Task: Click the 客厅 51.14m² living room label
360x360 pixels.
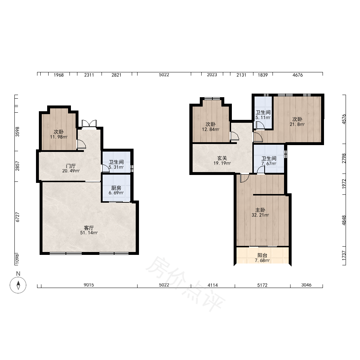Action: pyautogui.click(x=89, y=230)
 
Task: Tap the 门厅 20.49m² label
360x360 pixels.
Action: pyautogui.click(x=71, y=168)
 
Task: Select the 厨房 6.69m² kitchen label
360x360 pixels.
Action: pyautogui.click(x=116, y=190)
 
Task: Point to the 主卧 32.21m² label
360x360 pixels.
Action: pyautogui.click(x=260, y=212)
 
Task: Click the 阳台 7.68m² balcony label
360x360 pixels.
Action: pyautogui.click(x=262, y=258)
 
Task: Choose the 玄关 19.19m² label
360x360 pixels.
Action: pyautogui.click(x=222, y=161)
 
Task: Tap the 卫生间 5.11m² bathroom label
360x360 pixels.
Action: pyautogui.click(x=263, y=115)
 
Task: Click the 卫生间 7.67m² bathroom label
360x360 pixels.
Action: pyautogui.click(x=269, y=161)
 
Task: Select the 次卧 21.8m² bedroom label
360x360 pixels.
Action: pyautogui.click(x=297, y=122)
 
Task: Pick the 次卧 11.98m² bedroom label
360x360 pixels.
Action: pyautogui.click(x=59, y=134)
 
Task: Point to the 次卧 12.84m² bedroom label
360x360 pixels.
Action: pyautogui.click(x=211, y=127)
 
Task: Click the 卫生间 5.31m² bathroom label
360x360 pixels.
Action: pyautogui.click(x=116, y=165)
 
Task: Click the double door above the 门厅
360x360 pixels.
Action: pyautogui.click(x=89, y=124)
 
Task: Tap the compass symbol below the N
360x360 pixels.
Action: pyautogui.click(x=18, y=285)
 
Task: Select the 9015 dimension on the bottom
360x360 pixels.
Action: pyautogui.click(x=89, y=285)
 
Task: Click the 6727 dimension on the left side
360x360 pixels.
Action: pyautogui.click(x=17, y=217)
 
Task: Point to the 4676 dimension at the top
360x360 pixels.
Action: pyautogui.click(x=298, y=75)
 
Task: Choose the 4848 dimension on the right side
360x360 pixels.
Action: pyautogui.click(x=344, y=220)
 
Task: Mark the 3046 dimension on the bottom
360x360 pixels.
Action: pyautogui.click(x=306, y=285)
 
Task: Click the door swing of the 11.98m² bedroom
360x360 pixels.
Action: pyautogui.click(x=81, y=144)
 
